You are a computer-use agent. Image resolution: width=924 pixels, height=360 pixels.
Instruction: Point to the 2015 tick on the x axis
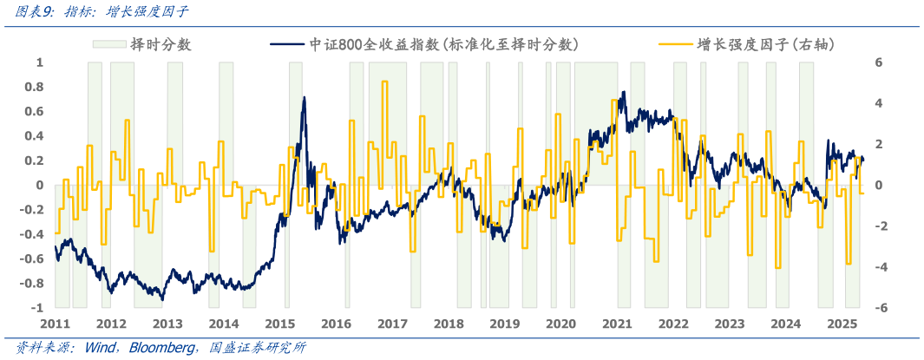coord(280,324)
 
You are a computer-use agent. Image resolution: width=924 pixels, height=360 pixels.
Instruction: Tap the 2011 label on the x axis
coord(55,324)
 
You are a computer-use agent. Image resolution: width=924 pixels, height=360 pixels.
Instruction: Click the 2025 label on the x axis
coord(842,324)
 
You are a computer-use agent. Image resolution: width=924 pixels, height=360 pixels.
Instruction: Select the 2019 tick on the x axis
coord(505,324)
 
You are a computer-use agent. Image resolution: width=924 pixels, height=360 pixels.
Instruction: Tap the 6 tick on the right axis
coord(878,62)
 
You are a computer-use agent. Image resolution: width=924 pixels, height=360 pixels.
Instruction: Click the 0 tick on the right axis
coord(878,185)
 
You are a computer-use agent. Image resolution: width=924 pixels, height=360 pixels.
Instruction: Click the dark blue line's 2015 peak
coord(304,97)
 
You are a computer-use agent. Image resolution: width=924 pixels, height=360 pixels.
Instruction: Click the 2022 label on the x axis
coord(673,324)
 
